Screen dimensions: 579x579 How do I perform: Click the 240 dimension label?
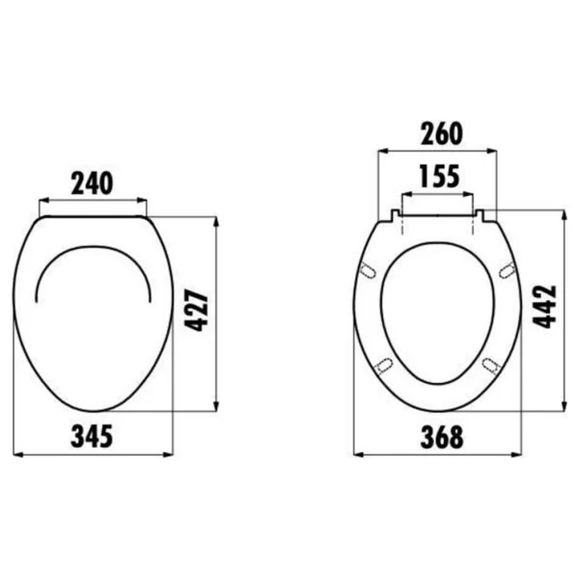click(92, 183)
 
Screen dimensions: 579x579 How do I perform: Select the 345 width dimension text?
click(92, 436)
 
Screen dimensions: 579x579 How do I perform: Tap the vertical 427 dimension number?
click(197, 311)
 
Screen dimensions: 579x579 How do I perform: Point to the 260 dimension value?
click(441, 133)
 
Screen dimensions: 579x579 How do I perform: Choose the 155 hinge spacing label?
click(440, 176)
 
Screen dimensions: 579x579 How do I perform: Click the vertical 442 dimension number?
click(544, 307)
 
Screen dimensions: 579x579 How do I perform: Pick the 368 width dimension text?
click(442, 437)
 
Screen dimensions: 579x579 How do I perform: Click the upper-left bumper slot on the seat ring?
click(368, 270)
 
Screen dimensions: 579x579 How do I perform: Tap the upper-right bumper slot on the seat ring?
click(508, 270)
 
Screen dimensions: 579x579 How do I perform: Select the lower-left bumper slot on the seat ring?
click(384, 366)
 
